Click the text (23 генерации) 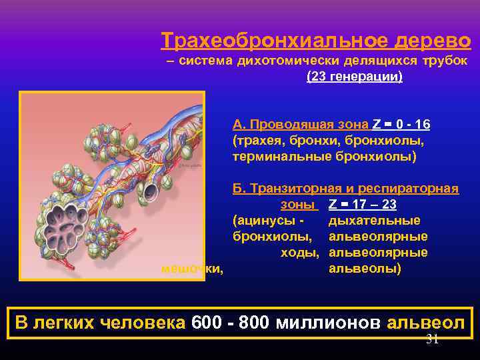[354, 77]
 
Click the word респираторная [415, 189]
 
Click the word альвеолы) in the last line [365, 269]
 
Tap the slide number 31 [432, 339]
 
